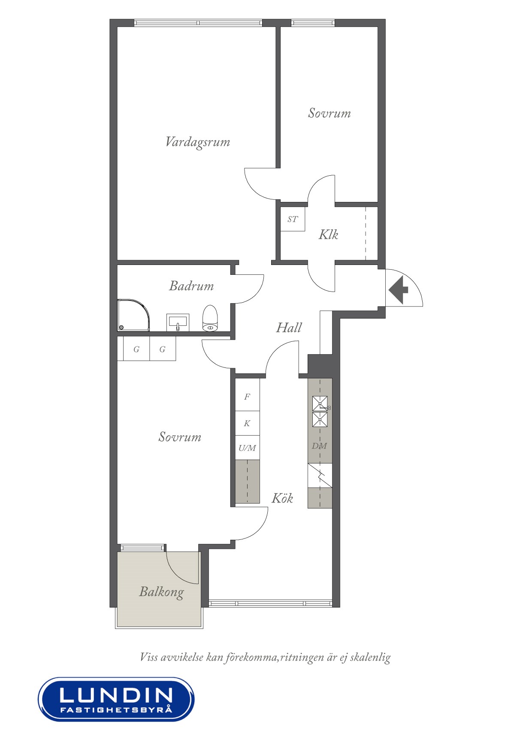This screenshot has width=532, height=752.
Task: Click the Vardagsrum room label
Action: pos(197,142)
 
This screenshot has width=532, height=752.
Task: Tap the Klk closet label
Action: pos(328,235)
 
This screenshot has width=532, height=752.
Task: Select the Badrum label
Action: pos(191,286)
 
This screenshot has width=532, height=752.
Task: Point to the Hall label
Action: pos(289,328)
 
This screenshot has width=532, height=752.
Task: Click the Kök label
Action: pos(282,498)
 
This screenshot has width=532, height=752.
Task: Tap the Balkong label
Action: pos(162,592)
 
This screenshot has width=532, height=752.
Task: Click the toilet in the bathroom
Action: pos(210,318)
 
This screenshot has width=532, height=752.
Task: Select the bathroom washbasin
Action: pos(178,322)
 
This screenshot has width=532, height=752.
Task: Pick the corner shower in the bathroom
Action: pos(133,315)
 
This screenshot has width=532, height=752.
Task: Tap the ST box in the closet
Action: pos(293,219)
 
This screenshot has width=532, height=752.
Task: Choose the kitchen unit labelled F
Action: pos(247,397)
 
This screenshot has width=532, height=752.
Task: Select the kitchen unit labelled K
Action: pos(247,423)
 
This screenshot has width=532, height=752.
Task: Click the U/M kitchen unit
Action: pos(247,448)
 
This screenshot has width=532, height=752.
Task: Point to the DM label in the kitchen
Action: pos(320,446)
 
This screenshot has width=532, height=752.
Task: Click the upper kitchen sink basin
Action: pos(320,403)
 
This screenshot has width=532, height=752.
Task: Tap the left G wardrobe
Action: pos(136,349)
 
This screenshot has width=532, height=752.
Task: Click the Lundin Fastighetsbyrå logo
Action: pos(116,699)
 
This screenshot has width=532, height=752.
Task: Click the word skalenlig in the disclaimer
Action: pos(370,658)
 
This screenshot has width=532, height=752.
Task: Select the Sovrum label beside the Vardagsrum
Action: pos(329,113)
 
